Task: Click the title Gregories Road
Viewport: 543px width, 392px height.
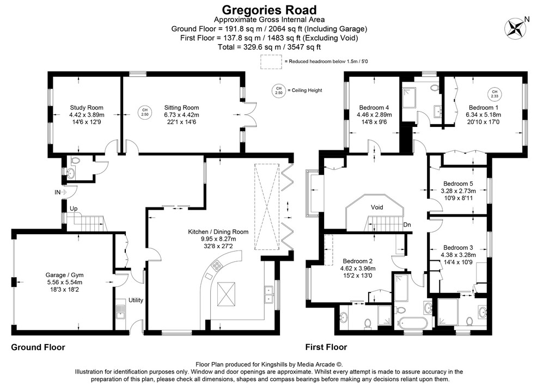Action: tap(269, 9)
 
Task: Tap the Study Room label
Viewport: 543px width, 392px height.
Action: tap(86, 108)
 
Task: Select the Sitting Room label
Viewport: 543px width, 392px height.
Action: tap(181, 108)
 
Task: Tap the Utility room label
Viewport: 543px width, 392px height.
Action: tap(135, 301)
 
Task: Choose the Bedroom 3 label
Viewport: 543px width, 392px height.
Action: tap(457, 247)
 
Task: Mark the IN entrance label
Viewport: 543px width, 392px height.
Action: tap(57, 192)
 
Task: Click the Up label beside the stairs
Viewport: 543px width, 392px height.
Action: tap(72, 209)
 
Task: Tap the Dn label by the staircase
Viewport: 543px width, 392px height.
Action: tap(407, 224)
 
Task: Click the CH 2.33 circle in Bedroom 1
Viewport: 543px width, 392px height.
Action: tap(494, 94)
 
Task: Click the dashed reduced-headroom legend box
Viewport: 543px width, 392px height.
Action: tap(270, 62)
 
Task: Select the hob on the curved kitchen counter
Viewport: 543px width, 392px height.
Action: tap(216, 266)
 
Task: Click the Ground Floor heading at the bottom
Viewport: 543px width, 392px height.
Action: tap(38, 347)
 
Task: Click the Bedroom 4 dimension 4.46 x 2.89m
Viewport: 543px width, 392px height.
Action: tap(374, 115)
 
